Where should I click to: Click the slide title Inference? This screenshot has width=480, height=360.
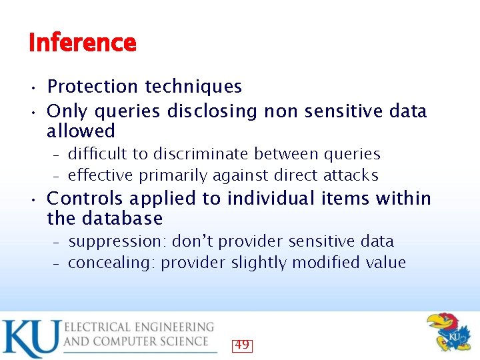(x=83, y=43)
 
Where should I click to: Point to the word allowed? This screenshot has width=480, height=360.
(x=81, y=131)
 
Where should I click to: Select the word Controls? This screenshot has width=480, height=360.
(x=85, y=199)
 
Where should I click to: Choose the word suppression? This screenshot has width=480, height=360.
(x=119, y=241)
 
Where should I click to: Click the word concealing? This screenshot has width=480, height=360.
(x=112, y=263)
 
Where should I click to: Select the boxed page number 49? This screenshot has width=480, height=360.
(x=241, y=345)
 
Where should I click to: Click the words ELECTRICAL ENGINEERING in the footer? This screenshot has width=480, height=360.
(x=139, y=327)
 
